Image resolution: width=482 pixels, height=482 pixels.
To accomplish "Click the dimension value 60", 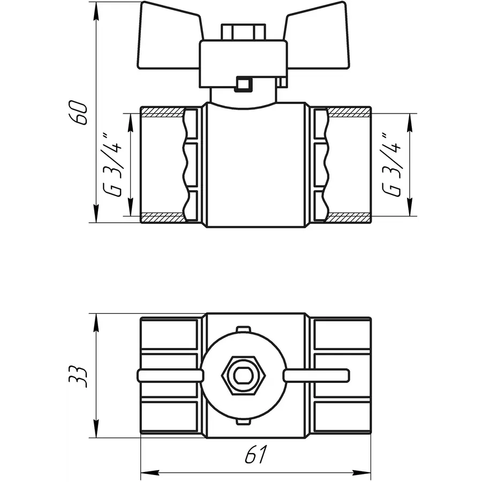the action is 78,112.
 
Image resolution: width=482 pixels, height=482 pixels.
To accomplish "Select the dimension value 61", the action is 256,454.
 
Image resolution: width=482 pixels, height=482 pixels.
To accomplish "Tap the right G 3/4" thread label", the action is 391,164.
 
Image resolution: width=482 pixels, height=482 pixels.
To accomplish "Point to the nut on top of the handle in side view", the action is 243,32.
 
